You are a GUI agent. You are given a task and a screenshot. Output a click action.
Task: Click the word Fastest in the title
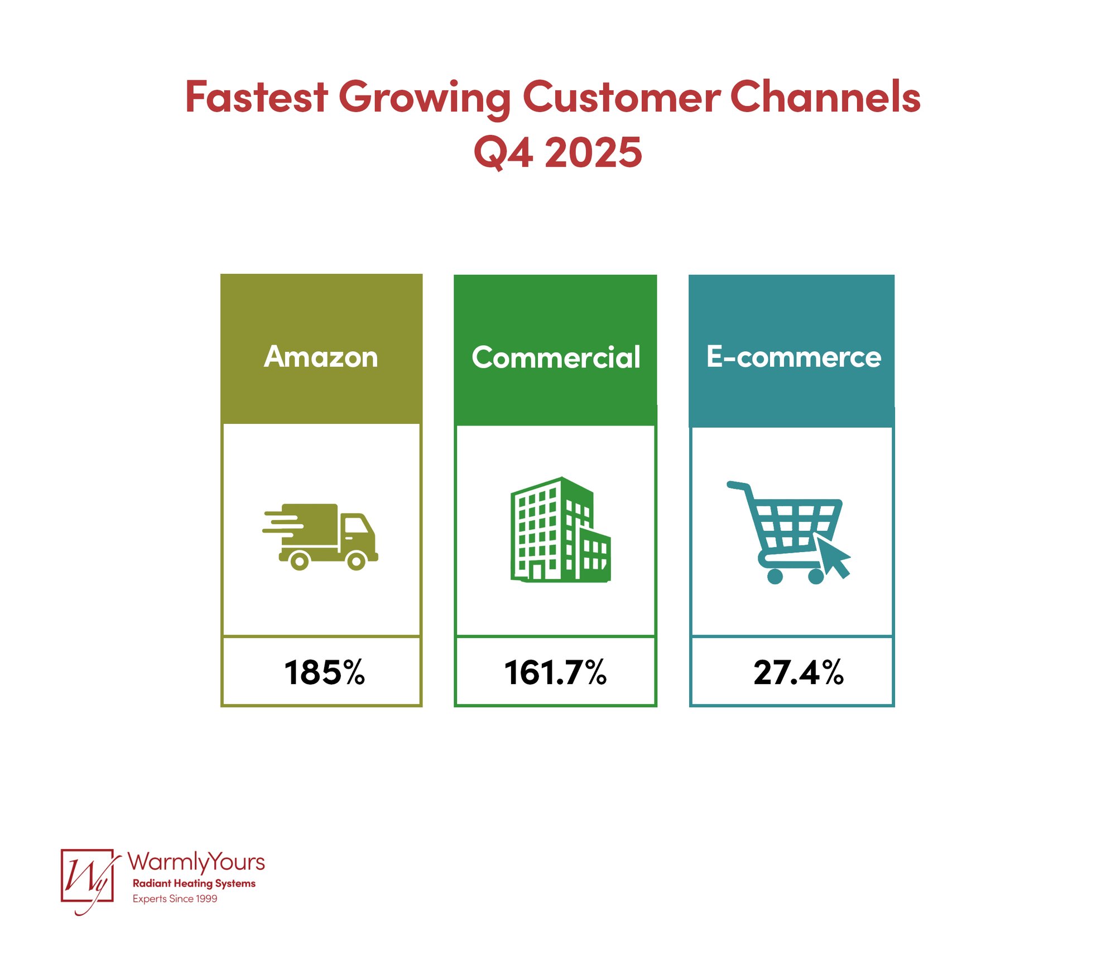point(256,97)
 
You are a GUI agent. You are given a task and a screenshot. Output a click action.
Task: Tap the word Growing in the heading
point(424,98)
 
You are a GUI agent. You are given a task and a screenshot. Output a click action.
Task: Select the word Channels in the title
point(825,97)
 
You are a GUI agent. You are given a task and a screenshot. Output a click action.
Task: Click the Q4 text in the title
point(502,152)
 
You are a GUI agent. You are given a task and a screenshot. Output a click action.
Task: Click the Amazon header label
point(321,357)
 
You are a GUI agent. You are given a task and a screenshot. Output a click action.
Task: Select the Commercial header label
point(556,357)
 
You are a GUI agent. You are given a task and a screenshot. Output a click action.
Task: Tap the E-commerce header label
point(793,357)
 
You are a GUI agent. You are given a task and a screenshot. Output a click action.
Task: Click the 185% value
point(324,672)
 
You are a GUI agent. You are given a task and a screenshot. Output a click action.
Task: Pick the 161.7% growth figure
point(555,672)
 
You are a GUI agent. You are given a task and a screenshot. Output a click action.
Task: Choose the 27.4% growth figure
point(798,672)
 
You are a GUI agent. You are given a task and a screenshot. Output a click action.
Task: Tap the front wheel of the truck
point(357,560)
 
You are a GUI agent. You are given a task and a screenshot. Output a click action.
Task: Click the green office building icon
point(560,530)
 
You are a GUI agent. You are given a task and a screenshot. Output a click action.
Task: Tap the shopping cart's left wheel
point(775,576)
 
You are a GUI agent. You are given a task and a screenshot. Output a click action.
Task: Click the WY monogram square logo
point(88,876)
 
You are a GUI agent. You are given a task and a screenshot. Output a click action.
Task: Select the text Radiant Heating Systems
point(194,884)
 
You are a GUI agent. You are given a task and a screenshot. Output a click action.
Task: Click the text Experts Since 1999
point(175,899)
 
